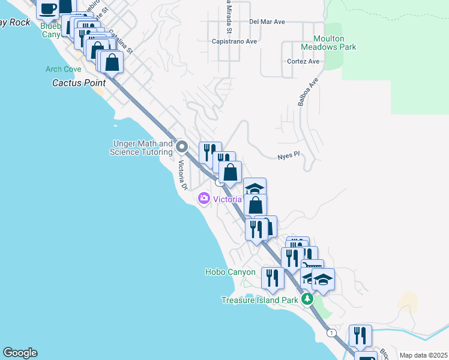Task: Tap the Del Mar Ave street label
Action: point(267,22)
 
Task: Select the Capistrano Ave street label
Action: point(234,41)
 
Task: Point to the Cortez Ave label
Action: point(303,61)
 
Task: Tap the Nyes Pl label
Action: point(288,156)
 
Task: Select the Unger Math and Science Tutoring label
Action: point(141,148)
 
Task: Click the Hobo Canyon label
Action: point(231,272)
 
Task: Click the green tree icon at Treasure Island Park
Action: point(307,299)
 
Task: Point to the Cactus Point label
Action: point(79,83)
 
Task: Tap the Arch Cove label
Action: point(63,69)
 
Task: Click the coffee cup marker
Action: point(48,8)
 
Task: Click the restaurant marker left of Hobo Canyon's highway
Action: point(274,278)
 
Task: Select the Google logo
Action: point(20,353)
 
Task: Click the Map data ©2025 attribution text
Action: point(423,355)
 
